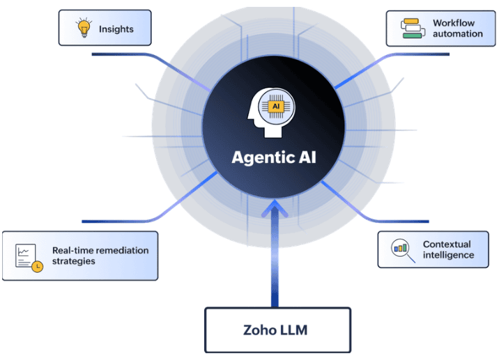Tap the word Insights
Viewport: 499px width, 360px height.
[x=116, y=29]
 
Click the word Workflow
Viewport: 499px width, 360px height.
[x=453, y=23]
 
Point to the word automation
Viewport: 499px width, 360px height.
[x=457, y=34]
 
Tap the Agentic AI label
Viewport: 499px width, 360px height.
[x=274, y=157]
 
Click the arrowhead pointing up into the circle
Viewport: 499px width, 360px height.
[x=275, y=207]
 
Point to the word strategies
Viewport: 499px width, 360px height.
[x=73, y=262]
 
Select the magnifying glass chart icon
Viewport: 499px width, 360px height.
[x=401, y=249]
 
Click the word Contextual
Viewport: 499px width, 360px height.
[x=447, y=244]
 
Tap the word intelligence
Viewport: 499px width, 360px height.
[x=448, y=255]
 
